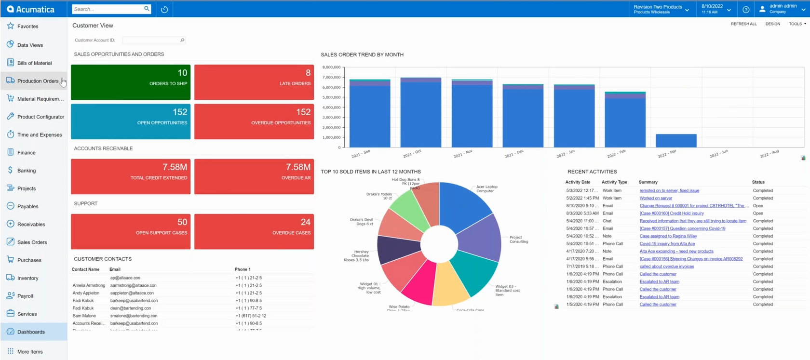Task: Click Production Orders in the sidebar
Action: (x=38, y=81)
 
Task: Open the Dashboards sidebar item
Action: (x=31, y=332)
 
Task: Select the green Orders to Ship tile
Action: (x=131, y=82)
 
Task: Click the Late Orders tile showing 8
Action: (x=254, y=82)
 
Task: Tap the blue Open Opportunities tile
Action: (x=131, y=121)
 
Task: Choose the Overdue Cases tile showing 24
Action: (x=254, y=232)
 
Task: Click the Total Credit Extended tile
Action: (x=131, y=177)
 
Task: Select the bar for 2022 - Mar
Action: (x=676, y=141)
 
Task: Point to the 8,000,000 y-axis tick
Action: (x=331, y=67)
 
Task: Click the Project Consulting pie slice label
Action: (x=519, y=240)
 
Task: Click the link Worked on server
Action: (x=656, y=198)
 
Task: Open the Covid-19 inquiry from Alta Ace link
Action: (x=667, y=244)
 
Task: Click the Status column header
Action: (x=758, y=182)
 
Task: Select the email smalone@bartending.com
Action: (x=134, y=316)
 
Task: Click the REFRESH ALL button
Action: (x=743, y=24)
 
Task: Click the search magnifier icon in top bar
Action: (x=147, y=9)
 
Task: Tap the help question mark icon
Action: (x=746, y=9)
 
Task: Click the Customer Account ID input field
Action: (x=150, y=40)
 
